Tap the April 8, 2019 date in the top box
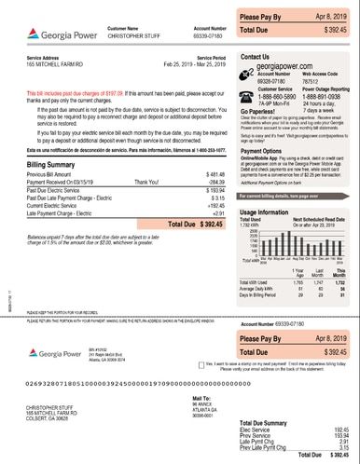click(331, 18)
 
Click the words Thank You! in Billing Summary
click(147, 182)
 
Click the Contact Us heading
click(257, 57)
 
